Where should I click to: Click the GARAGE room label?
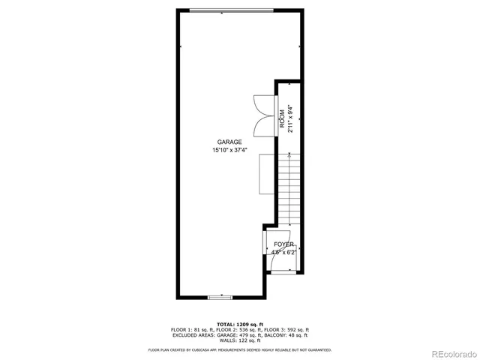coord(229,142)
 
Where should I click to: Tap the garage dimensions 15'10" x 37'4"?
coord(229,150)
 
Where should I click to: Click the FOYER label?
coord(283,245)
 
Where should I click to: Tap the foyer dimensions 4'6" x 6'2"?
coord(283,253)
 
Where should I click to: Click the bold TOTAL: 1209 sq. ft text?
coord(239,323)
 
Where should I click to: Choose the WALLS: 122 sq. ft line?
coord(239,342)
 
